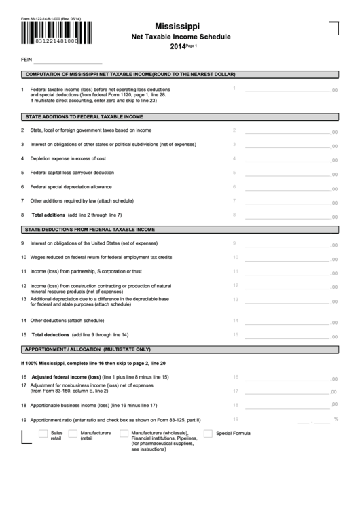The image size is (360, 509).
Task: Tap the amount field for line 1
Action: point(286,89)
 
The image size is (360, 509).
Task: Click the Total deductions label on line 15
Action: point(50,335)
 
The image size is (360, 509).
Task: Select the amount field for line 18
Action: point(286,405)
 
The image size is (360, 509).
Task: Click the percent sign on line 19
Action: point(336,419)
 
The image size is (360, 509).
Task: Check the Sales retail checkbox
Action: point(43,434)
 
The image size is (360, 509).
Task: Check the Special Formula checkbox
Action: point(208,434)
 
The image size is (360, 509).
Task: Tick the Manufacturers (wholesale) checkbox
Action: point(124,434)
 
